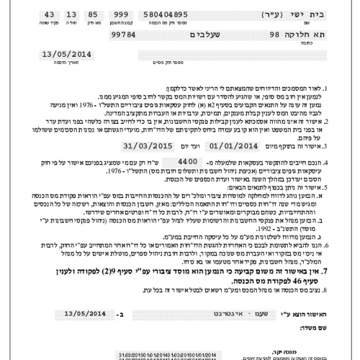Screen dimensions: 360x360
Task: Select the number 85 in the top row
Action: (x=94, y=14)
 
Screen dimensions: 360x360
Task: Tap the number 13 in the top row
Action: (x=71, y=14)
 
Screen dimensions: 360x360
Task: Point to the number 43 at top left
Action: (x=49, y=14)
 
